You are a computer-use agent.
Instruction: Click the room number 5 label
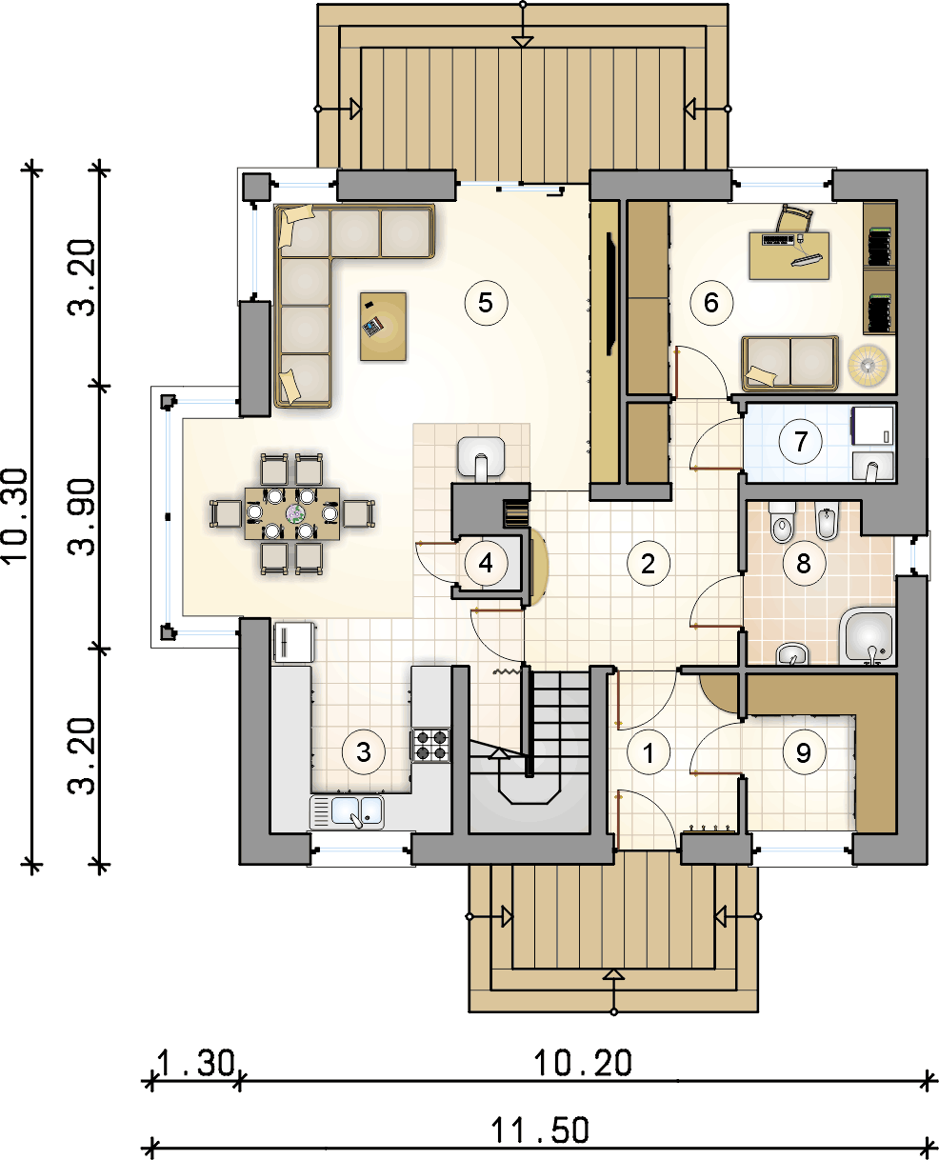[486, 303]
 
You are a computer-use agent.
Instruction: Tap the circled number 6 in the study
[711, 303]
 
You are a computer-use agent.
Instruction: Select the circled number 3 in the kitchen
[363, 752]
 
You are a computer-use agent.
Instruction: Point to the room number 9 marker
[804, 752]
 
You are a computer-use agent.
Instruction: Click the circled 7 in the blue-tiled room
[800, 441]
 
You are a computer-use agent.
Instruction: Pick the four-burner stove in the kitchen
[430, 745]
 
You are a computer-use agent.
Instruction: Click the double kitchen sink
[347, 811]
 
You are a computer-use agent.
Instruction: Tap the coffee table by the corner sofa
[383, 327]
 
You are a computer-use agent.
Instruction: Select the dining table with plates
[292, 513]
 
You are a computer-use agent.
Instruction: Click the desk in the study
[789, 255]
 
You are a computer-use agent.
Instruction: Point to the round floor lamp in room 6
[868, 366]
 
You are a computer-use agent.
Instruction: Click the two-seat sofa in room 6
[789, 363]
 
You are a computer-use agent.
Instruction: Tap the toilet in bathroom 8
[782, 522]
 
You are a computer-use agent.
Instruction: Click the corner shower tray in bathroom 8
[868, 635]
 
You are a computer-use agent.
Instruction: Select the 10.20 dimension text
[582, 1063]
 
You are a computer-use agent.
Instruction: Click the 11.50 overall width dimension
[540, 1130]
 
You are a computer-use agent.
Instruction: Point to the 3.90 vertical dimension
[82, 517]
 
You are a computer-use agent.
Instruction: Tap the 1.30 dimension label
[196, 1063]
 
